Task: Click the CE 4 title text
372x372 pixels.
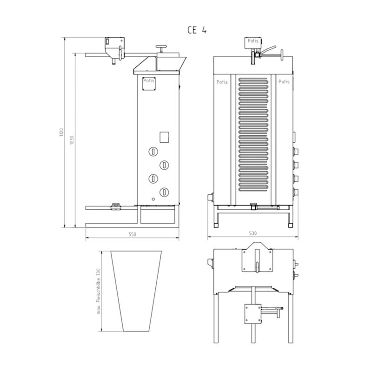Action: pos(197,30)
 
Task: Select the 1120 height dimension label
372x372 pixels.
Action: pos(61,133)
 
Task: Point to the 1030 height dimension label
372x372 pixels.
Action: pos(72,140)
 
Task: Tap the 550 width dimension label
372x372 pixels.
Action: pos(133,234)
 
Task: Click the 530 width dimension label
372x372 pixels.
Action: pos(253,233)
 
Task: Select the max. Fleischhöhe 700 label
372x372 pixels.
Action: pos(99,291)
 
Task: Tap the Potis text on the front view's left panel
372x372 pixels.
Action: pos(222,82)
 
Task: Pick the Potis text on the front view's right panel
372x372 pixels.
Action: pos(284,82)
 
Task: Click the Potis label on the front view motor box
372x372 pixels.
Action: pos(253,41)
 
